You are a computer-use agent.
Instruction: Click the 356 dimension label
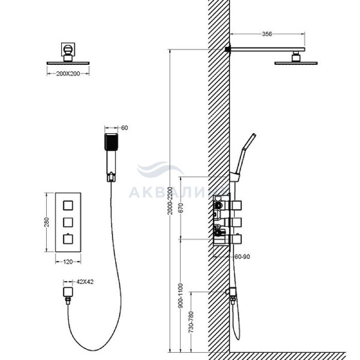click(x=267, y=34)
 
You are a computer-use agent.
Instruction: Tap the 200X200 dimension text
click(x=68, y=74)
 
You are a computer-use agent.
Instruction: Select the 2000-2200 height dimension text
click(x=170, y=201)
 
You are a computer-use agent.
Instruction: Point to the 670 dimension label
click(x=181, y=208)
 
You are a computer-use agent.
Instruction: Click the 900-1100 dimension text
click(x=181, y=296)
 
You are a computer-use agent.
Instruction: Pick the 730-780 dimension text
click(x=191, y=322)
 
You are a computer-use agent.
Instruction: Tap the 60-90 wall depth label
click(x=242, y=257)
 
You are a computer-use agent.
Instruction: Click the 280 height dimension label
click(x=47, y=222)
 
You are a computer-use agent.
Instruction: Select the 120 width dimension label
click(x=68, y=262)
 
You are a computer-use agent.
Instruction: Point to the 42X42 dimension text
click(x=85, y=282)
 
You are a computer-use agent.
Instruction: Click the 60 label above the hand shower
click(x=124, y=128)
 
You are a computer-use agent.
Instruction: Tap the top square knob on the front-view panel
click(x=68, y=205)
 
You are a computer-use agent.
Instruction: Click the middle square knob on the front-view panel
click(x=68, y=222)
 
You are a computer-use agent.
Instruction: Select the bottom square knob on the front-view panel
click(x=68, y=239)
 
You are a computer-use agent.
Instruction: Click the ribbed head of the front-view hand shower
click(x=111, y=142)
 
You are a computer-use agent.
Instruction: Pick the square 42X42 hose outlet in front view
click(x=68, y=292)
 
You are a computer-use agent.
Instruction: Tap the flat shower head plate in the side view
click(x=296, y=63)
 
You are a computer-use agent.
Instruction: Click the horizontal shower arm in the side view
click(x=267, y=49)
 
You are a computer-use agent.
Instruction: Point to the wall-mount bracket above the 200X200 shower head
click(x=68, y=49)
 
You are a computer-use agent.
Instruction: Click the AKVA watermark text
click(x=179, y=192)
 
